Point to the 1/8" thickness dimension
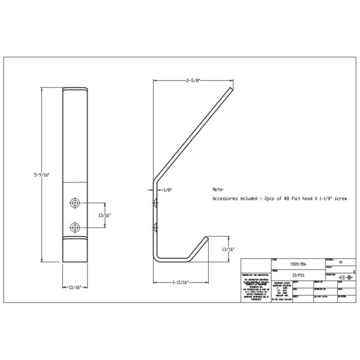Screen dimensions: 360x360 [168, 189]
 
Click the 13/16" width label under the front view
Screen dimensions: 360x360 [75, 287]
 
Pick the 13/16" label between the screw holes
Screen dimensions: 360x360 [103, 214]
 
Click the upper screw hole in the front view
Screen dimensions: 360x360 [75, 203]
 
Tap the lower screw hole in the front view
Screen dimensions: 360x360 [75, 226]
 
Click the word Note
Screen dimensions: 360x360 [217, 188]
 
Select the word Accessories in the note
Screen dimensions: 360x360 [227, 197]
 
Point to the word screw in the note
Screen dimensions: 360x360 [341, 197]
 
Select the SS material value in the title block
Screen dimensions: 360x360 [341, 262]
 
